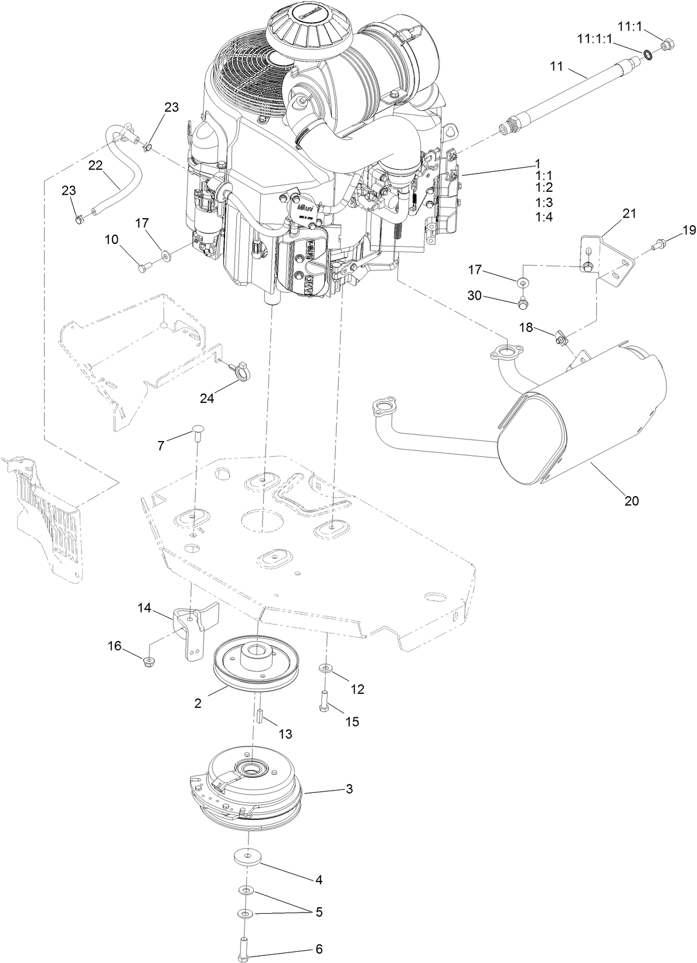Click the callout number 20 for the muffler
[631, 501]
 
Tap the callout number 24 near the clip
[207, 398]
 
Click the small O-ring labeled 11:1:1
[648, 56]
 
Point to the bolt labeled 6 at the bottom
[245, 947]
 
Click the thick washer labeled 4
[246, 856]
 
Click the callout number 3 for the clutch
[349, 789]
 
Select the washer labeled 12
[324, 668]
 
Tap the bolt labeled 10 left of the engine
[144, 267]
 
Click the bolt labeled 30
[523, 303]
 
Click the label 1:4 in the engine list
[544, 216]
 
